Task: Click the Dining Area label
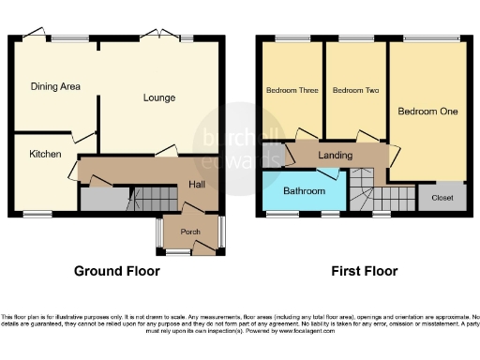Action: (x=54, y=86)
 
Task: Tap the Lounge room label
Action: (x=159, y=97)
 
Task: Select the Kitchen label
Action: (x=44, y=154)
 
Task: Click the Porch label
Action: (x=191, y=231)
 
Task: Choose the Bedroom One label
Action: (x=427, y=112)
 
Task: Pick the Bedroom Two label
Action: (x=355, y=90)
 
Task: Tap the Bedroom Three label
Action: (x=292, y=90)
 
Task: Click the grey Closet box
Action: (x=442, y=198)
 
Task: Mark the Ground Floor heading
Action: (x=116, y=272)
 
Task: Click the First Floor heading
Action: (x=364, y=272)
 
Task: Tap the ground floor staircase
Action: (x=151, y=198)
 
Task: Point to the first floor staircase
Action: (x=372, y=194)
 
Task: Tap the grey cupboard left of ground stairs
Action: (x=96, y=200)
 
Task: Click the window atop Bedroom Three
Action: (x=286, y=37)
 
